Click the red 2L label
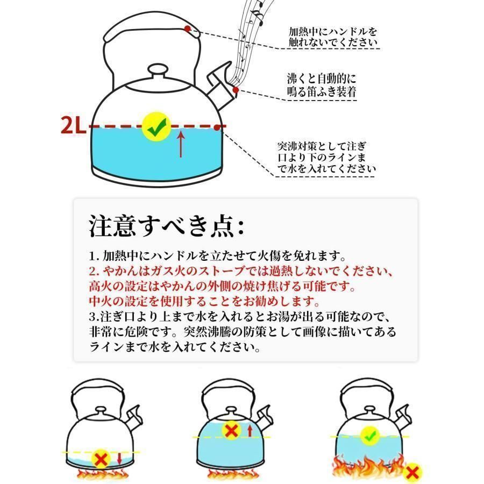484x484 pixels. [x=74, y=125]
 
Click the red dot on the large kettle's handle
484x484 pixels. [x=187, y=29]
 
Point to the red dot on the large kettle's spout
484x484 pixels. [x=236, y=90]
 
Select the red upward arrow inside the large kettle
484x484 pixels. [x=181, y=144]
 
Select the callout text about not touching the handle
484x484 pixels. [x=333, y=37]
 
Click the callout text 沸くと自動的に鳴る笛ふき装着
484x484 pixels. [x=322, y=85]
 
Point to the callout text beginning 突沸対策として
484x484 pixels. [x=326, y=157]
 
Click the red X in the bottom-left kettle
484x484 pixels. [x=101, y=460]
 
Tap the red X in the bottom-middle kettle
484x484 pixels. [x=232, y=431]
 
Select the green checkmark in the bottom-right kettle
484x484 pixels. [x=370, y=436]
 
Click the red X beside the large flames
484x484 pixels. [x=412, y=472]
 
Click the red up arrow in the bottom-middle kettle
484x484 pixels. [x=250, y=431]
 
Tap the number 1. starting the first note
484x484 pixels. [x=94, y=256]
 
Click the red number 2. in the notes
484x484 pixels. [x=94, y=271]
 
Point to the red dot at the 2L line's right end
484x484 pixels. [x=218, y=127]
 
